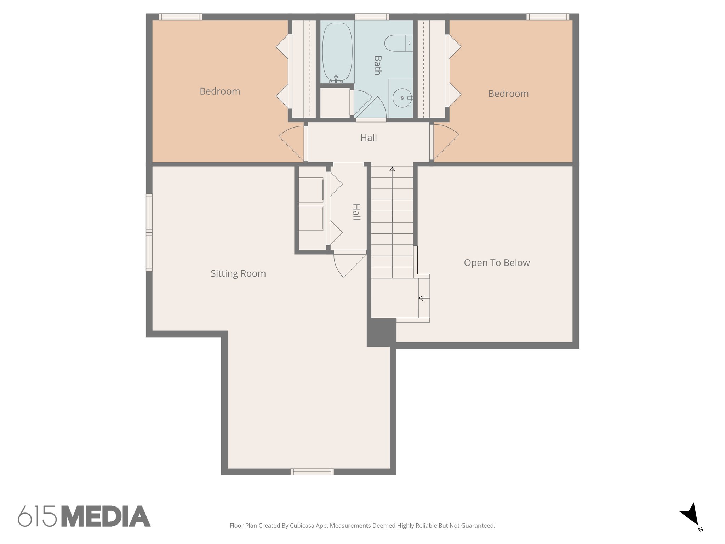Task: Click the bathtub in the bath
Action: tap(337, 52)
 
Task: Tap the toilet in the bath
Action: tap(398, 43)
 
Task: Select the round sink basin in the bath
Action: tap(402, 98)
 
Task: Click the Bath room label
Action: tap(377, 65)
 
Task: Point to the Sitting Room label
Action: tap(238, 273)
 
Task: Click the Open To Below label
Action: tap(497, 263)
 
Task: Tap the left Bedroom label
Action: tap(220, 91)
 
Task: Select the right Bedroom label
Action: tap(508, 93)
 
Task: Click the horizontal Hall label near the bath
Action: tap(369, 138)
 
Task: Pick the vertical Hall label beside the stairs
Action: tap(356, 212)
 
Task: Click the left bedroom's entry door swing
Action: tap(292, 142)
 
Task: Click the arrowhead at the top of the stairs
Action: tap(392, 169)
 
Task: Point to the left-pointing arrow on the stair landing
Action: tap(421, 298)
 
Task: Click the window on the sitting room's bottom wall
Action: tap(312, 471)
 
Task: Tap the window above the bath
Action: tap(372, 17)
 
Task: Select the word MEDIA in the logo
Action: tap(106, 516)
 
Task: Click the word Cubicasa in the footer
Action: tap(302, 526)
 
